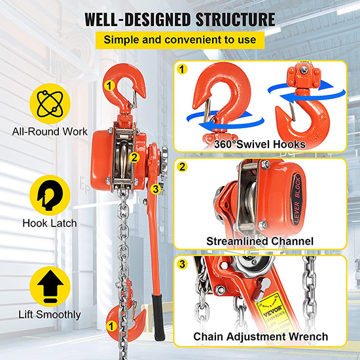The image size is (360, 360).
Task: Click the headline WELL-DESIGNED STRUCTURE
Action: (180, 19)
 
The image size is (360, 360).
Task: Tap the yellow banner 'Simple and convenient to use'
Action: (180, 40)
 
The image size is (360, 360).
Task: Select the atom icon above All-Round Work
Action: (50, 104)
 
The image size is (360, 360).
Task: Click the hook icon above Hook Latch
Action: (50, 195)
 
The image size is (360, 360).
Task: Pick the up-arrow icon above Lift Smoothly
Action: (50, 287)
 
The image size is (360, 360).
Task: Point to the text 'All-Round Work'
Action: (50, 132)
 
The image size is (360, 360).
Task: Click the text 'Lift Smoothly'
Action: (50, 315)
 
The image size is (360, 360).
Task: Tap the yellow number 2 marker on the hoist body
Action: (134, 158)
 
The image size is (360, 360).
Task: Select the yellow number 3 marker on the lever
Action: (156, 189)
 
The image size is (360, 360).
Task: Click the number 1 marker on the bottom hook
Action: (111, 326)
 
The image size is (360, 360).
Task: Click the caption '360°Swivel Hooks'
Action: (260, 145)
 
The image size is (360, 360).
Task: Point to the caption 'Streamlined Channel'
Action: (260, 242)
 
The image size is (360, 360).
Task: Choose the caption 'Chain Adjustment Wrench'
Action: (261, 336)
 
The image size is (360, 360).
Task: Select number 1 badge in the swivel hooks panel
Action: (183, 69)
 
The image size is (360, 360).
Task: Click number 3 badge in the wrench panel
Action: (183, 264)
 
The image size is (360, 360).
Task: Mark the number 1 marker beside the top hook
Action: (109, 86)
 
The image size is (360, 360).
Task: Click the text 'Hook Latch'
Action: (50, 223)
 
